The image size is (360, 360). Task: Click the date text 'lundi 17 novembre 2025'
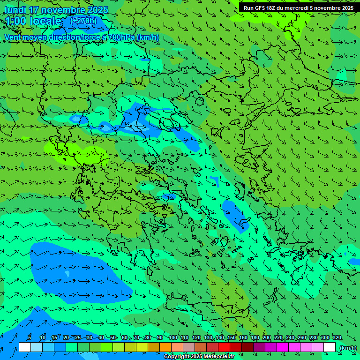click(56, 10)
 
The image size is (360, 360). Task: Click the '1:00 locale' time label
click(34, 21)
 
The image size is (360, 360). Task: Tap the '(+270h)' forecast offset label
click(83, 21)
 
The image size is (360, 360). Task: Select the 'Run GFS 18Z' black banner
click(299, 8)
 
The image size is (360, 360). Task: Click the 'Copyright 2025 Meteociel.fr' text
click(199, 357)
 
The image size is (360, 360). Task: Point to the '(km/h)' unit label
click(348, 348)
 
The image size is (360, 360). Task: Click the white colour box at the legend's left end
click(25, 347)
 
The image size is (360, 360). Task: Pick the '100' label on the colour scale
click(173, 337)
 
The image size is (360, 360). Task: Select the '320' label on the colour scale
click(337, 337)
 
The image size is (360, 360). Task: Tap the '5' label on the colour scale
click(30, 337)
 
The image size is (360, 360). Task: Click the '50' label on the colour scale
click(113, 337)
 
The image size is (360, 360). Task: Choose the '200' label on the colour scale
click(267, 337)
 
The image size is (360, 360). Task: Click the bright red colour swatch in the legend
click(224, 347)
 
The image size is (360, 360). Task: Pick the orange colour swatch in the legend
click(165, 347)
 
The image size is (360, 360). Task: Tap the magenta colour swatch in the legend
click(283, 347)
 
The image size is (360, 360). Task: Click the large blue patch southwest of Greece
click(80, 272)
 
